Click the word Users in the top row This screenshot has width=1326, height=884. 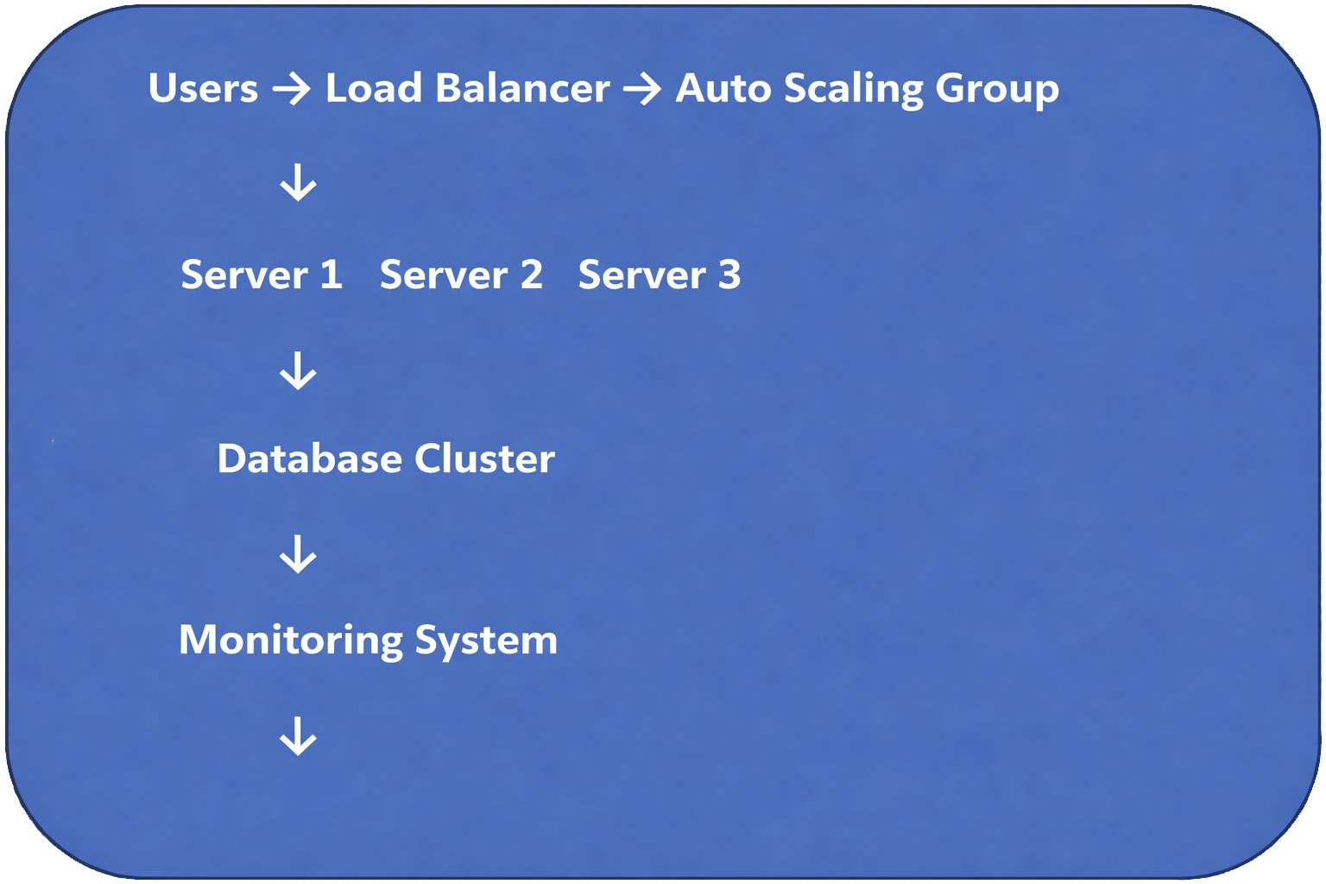pos(203,88)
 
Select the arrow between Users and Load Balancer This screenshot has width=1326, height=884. pos(291,89)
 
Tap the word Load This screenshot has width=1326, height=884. pos(373,88)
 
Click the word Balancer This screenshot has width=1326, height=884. pos(522,88)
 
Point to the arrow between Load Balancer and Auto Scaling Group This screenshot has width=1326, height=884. pos(641,89)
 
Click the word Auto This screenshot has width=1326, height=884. pos(723,88)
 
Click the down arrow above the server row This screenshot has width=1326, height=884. pos(298,183)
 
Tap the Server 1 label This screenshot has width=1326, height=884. pos(261,275)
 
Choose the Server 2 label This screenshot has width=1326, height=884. pos(461,275)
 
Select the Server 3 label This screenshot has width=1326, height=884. pos(659,275)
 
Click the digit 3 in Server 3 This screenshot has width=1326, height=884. pos(729,275)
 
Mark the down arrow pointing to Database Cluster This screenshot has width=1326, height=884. pos(298,370)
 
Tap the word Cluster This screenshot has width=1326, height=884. pos(484,458)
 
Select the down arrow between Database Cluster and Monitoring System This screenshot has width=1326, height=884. pos(298,554)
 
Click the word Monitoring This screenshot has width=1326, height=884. pos(290,641)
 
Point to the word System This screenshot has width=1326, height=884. pos(486,641)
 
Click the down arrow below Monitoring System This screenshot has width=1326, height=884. pos(298,736)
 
